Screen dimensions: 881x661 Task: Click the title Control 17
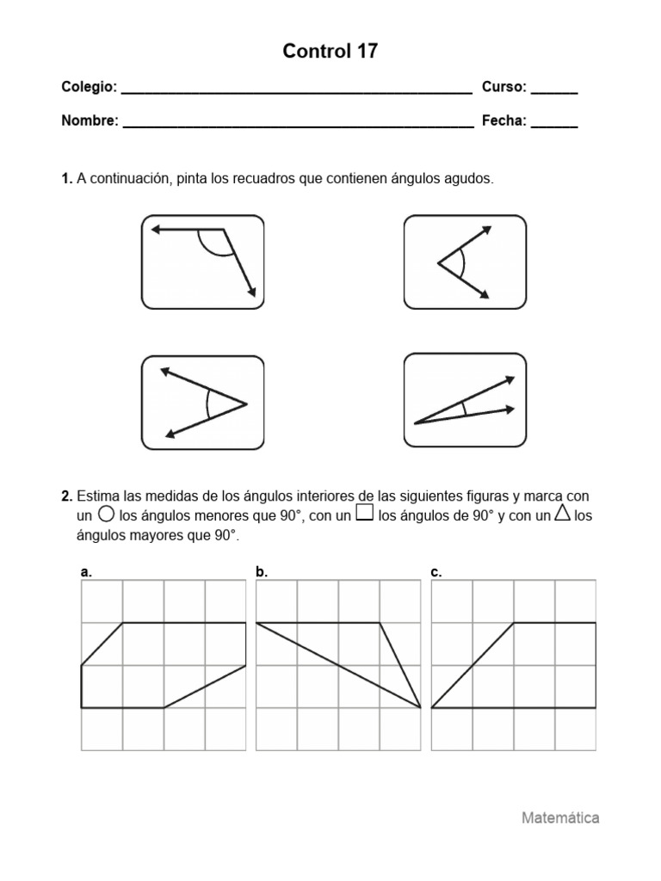[330, 52]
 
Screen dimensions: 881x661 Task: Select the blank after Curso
[553, 90]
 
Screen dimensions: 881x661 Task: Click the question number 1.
[66, 179]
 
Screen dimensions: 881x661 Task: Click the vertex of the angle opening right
[438, 263]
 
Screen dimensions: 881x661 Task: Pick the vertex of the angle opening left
[247, 403]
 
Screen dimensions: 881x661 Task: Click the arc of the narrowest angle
[466, 409]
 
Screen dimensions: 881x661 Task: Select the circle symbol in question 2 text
[107, 514]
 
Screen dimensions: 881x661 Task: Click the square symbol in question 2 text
[364, 514]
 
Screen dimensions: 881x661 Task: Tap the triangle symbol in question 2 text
[563, 514]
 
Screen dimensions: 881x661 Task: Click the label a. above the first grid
[85, 571]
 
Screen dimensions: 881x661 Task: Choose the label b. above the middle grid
[262, 571]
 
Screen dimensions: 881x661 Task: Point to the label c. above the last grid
[436, 571]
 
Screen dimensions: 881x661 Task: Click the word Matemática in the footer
[560, 818]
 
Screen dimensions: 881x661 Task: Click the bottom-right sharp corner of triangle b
[420, 707]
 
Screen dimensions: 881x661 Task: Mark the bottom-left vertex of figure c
[432, 707]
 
